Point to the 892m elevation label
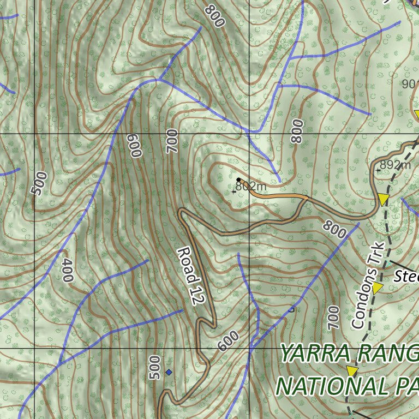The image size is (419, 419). [396, 165]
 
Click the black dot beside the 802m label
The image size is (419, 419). [238, 179]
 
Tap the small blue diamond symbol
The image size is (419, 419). [169, 372]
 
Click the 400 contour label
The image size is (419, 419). [67, 271]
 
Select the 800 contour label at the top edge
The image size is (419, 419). [215, 16]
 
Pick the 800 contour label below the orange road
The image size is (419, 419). [334, 229]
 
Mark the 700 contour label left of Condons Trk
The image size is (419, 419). [334, 317]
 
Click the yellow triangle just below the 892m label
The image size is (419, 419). [384, 199]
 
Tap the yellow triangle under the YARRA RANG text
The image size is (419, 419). [352, 372]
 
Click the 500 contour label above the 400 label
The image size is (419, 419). [39, 183]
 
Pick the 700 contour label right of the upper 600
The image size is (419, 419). [172, 141]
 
